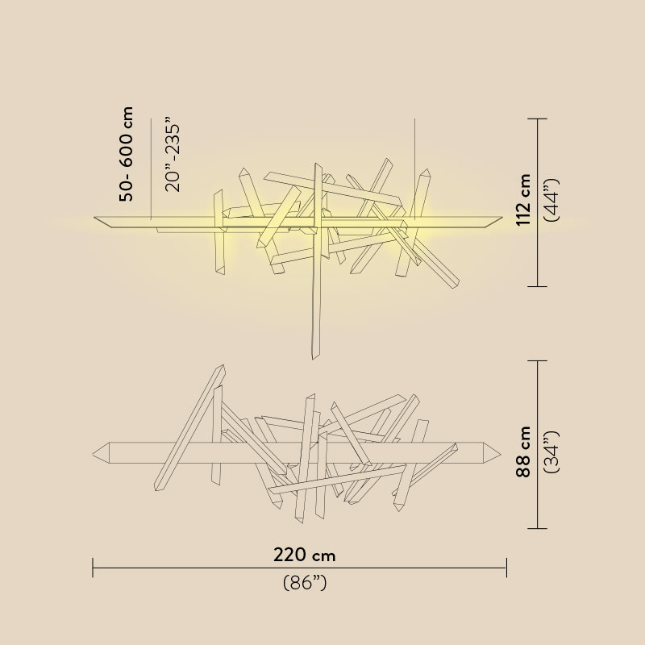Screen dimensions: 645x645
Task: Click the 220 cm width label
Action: pyautogui.click(x=305, y=556)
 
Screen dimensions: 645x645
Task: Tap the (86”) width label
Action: pyautogui.click(x=305, y=583)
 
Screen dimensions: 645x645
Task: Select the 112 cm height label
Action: pyautogui.click(x=523, y=200)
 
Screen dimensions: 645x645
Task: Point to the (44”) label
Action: pyautogui.click(x=551, y=200)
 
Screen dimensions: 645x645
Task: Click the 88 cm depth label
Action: pyautogui.click(x=523, y=451)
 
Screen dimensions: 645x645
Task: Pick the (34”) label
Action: pyautogui.click(x=551, y=451)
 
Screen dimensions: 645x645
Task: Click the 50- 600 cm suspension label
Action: pyautogui.click(x=127, y=154)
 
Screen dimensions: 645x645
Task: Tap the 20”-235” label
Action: pyautogui.click(x=173, y=155)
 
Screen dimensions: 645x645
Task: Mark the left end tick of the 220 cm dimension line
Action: pyautogui.click(x=93, y=568)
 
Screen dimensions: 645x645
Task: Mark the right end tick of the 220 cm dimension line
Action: pyautogui.click(x=506, y=568)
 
